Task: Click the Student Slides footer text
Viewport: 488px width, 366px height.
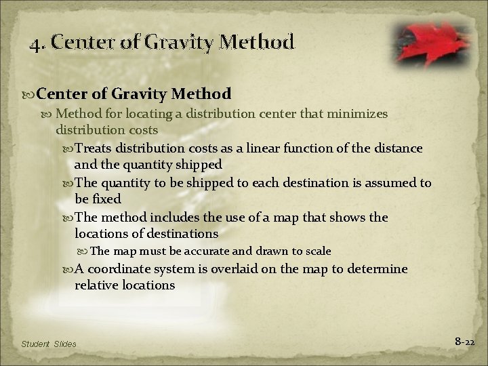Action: tap(49, 344)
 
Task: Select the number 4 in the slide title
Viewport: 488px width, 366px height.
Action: tap(35, 44)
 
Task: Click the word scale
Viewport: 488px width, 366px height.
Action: tap(317, 251)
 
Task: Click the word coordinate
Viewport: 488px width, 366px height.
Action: tap(121, 269)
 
